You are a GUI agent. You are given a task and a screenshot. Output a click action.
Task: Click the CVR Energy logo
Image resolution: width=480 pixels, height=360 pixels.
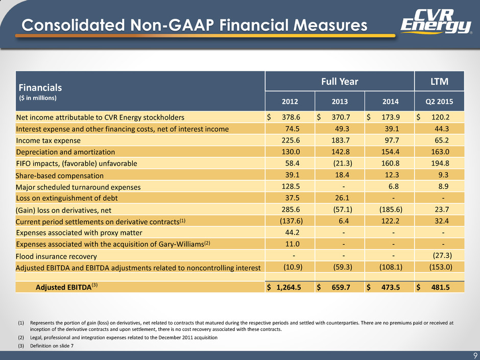[436, 21]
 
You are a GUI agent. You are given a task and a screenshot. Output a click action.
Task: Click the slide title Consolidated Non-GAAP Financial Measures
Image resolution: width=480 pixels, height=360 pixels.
[195, 25]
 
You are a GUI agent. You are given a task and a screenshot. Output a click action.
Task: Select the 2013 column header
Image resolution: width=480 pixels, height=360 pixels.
[340, 102]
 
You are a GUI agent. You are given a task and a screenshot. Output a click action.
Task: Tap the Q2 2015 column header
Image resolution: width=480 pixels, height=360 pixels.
[439, 102]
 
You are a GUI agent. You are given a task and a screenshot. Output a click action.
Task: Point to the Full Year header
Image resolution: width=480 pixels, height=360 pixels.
[340, 81]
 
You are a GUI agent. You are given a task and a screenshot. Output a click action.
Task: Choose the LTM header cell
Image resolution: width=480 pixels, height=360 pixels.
[439, 81]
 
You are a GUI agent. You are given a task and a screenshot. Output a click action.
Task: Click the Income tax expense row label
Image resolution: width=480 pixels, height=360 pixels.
[49, 140]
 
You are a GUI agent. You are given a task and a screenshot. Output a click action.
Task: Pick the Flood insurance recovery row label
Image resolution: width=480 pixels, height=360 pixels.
[56, 256]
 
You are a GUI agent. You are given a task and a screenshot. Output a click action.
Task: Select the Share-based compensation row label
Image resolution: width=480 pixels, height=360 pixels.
[60, 176]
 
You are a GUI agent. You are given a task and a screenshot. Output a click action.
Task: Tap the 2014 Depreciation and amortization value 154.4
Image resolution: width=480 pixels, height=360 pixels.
[390, 152]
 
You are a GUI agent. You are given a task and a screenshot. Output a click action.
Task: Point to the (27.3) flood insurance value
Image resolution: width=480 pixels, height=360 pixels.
[442, 255]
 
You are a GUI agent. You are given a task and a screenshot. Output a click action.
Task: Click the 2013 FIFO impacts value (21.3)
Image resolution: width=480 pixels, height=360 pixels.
[343, 163]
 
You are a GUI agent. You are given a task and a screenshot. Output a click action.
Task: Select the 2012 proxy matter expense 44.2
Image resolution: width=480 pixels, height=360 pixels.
[293, 232]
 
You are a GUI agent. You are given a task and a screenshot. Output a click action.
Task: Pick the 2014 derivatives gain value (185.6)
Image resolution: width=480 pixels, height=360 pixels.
[391, 209]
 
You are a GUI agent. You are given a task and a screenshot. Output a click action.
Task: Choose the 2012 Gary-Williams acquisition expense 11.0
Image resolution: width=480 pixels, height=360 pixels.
[293, 244]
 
